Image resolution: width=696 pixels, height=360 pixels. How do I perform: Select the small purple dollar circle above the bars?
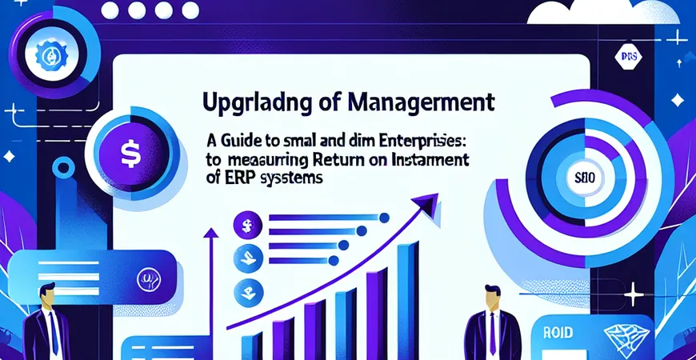tap(246, 226)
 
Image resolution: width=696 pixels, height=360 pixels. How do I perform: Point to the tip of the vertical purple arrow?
tap(213, 231)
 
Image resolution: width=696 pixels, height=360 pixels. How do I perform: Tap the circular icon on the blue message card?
tap(146, 279)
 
